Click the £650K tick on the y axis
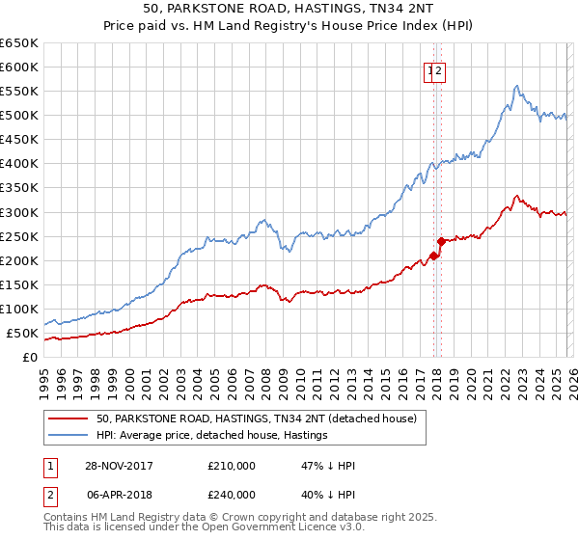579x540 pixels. coord(19,43)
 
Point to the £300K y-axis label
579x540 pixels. coord(19,212)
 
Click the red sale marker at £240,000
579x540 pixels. coord(440,241)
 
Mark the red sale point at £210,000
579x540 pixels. coord(434,256)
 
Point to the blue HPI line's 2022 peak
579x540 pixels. coord(517,86)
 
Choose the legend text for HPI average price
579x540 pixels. coord(212,436)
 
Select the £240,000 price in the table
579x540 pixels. coord(232,494)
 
